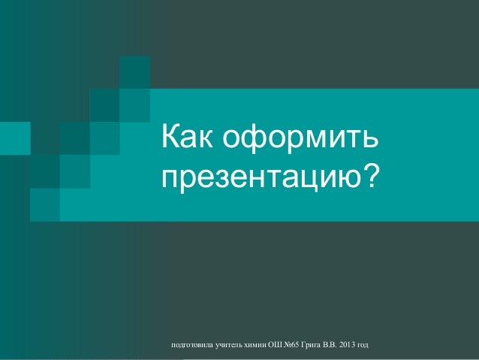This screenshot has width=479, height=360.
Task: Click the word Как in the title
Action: [187, 136]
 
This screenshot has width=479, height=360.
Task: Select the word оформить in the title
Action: [300, 138]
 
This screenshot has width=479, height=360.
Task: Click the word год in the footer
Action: [363, 345]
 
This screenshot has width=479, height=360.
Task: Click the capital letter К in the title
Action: [170, 136]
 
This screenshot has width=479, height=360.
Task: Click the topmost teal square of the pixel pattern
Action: [134, 72]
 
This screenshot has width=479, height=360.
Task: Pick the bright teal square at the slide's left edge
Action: [15, 138]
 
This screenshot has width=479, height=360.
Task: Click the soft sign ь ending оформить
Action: [370, 139]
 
